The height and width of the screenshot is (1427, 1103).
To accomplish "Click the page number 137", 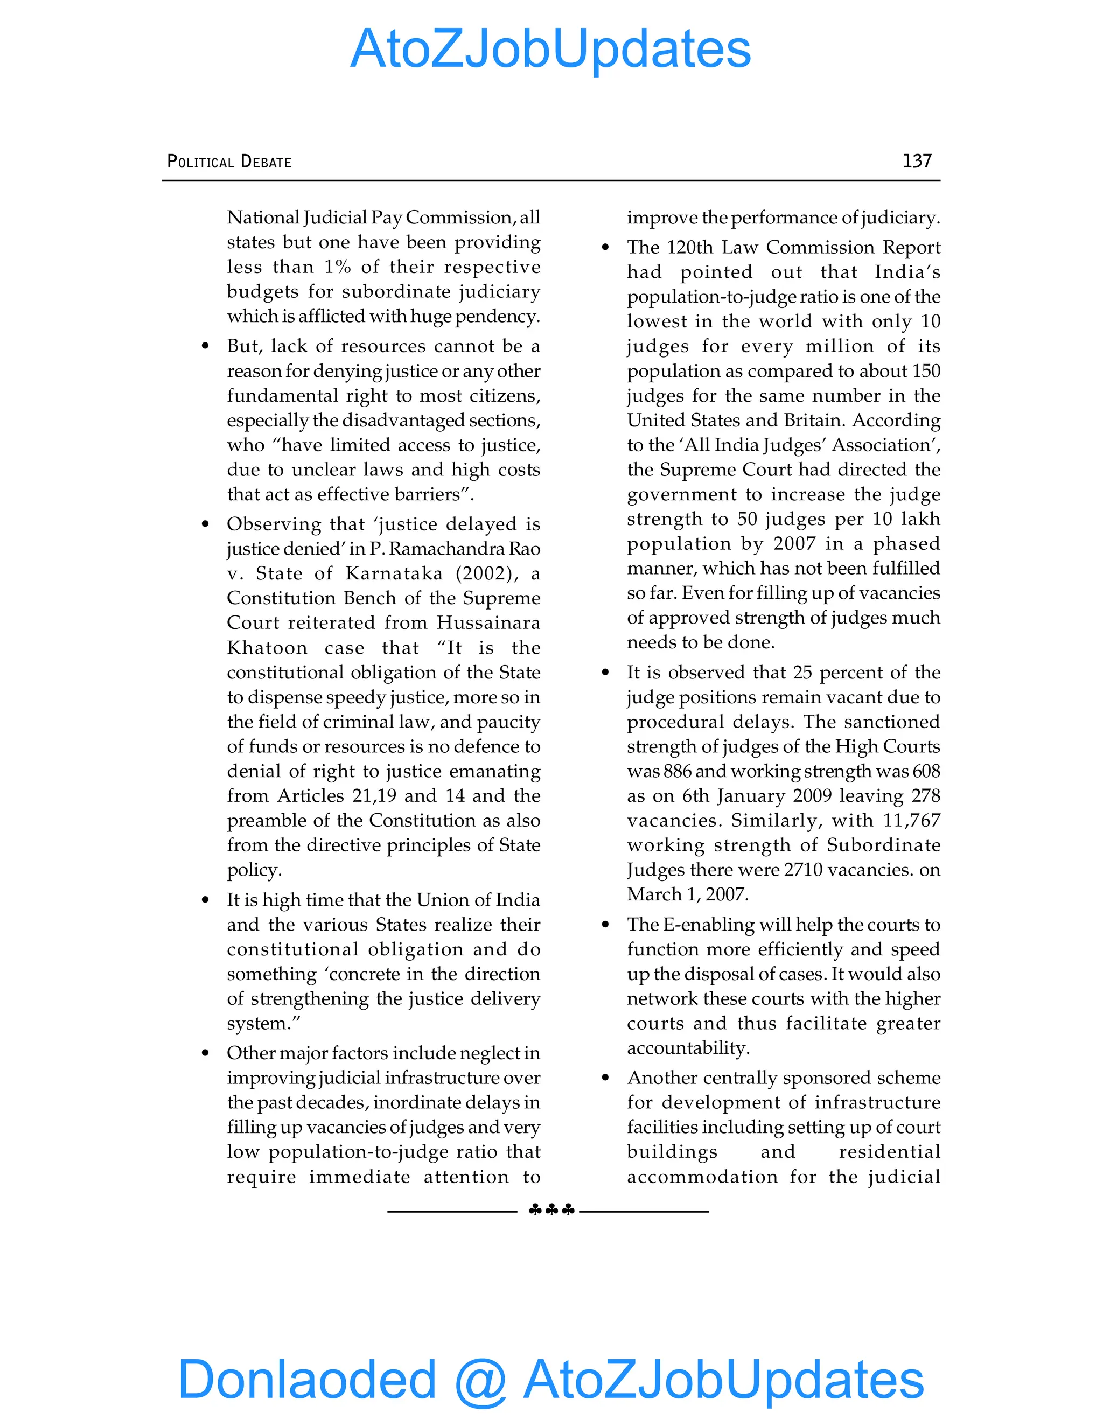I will pos(916,160).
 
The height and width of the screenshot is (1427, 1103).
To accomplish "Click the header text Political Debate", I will pos(229,162).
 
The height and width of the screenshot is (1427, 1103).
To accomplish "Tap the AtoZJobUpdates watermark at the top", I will pos(550,49).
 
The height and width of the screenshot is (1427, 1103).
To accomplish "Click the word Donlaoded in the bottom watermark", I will pos(306,1379).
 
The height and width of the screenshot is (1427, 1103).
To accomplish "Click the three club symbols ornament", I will pos(551,1210).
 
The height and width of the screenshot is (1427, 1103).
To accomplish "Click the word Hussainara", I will pos(488,622).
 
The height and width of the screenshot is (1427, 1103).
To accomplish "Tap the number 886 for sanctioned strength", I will pos(677,771).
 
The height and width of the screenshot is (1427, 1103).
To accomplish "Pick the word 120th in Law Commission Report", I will pos(690,248).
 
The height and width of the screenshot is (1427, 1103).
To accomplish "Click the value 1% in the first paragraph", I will pos(337,267).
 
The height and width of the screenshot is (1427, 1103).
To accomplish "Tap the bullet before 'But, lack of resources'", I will pos(206,346).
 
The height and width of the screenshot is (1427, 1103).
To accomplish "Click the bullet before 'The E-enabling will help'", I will pos(606,925).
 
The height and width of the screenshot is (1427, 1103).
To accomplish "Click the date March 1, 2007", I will pos(687,894).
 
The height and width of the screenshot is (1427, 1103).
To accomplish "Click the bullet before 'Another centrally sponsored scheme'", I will pos(606,1078).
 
